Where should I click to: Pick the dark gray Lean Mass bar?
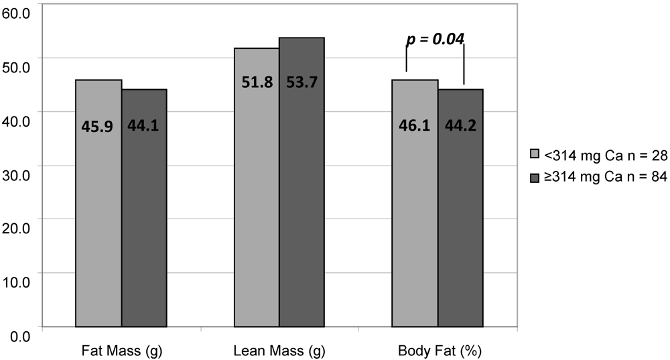click(301, 201)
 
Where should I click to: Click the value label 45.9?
click(98, 125)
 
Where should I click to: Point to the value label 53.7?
click(301, 83)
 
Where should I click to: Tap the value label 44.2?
click(460, 125)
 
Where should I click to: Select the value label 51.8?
click(257, 83)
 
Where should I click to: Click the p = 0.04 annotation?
click(435, 39)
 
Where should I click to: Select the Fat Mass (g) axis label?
click(121, 351)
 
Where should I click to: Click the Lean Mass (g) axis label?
click(279, 351)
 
